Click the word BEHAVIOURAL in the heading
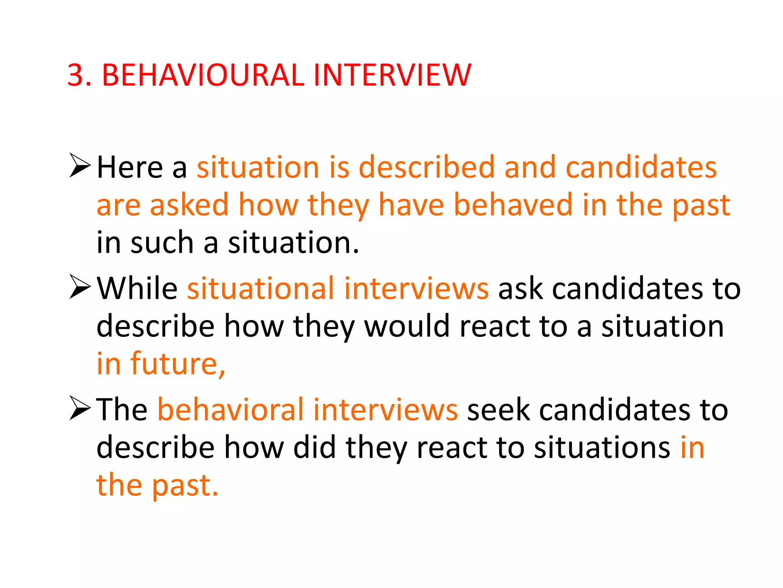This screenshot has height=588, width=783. point(203,75)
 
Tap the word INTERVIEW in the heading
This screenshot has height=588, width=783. point(392,75)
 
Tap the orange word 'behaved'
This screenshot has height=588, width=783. point(513,205)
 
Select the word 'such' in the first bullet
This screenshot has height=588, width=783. point(162,243)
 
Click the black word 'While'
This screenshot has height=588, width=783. point(137,288)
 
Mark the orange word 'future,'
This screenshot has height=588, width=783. point(178,364)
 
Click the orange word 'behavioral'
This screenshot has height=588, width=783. point(231,410)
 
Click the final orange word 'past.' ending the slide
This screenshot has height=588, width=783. point(185,485)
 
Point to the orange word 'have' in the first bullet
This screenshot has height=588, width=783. point(411,205)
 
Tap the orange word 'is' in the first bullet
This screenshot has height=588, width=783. point(339,168)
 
